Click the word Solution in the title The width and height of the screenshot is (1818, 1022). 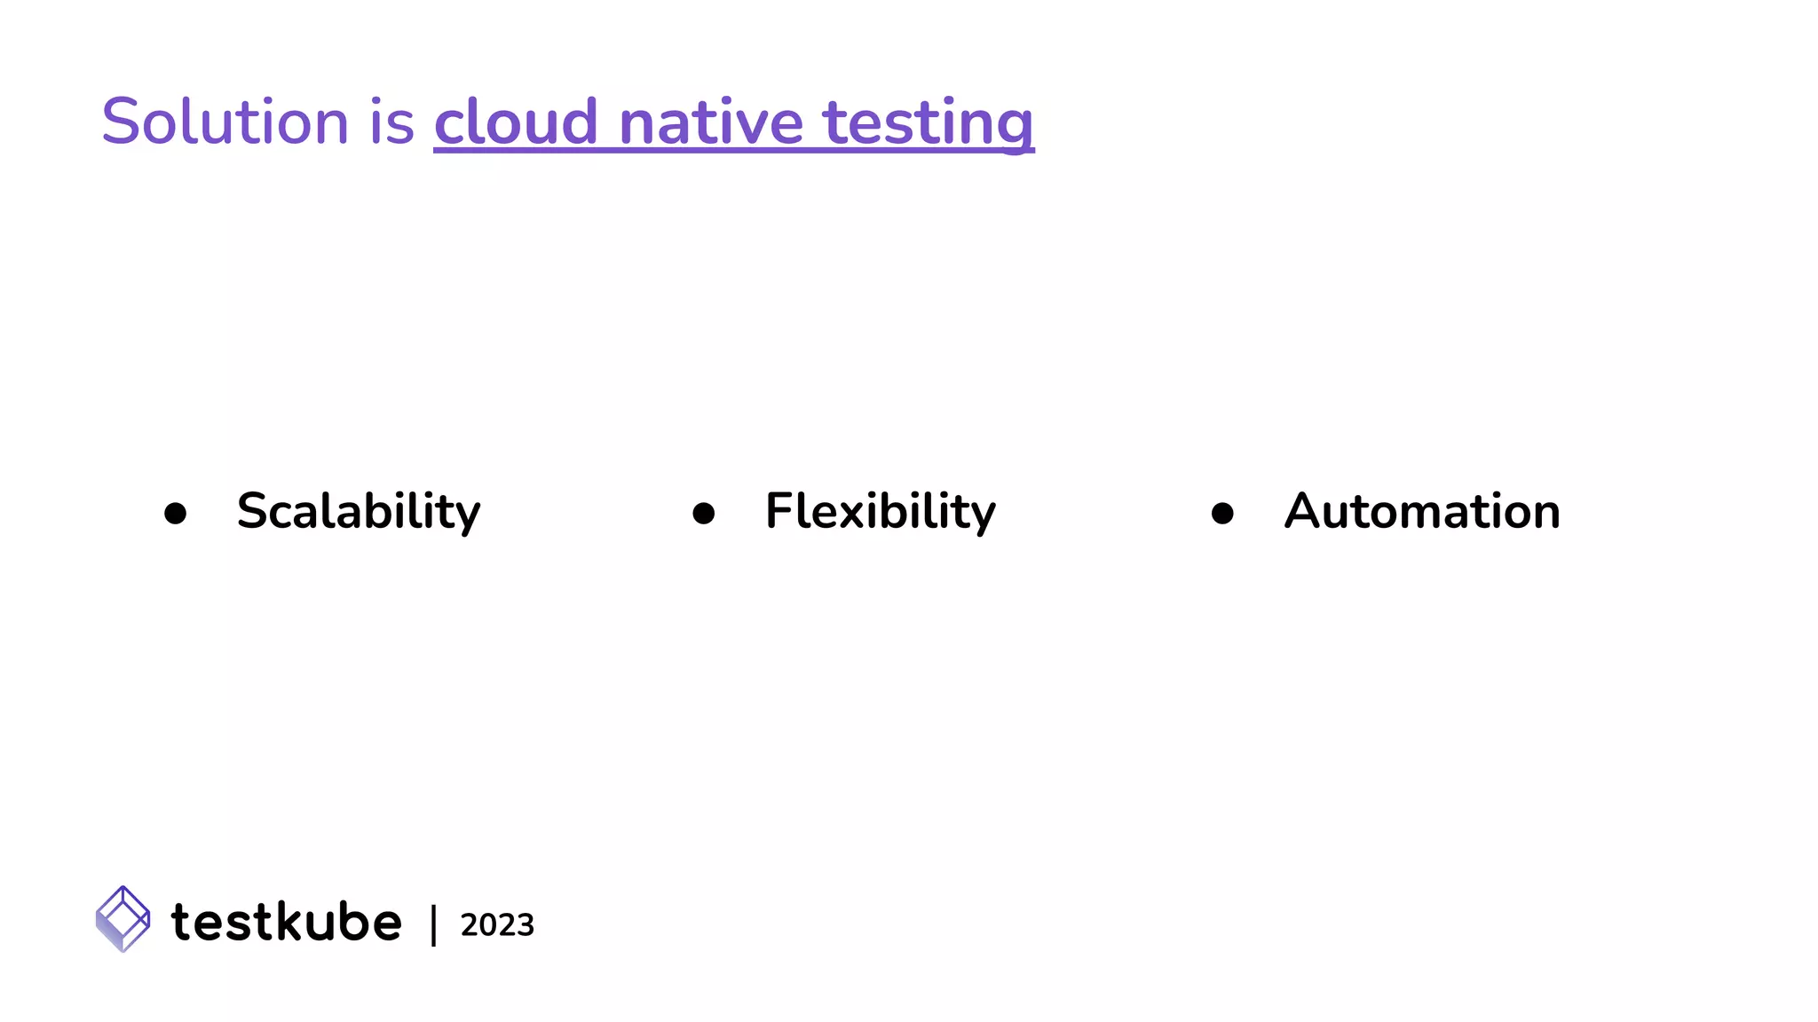click(x=225, y=122)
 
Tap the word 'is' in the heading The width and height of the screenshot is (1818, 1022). click(x=391, y=122)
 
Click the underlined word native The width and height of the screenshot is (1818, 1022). click(x=710, y=122)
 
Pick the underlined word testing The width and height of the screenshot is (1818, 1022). click(x=929, y=122)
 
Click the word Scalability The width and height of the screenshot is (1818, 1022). click(x=359, y=512)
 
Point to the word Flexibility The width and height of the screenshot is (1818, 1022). click(x=881, y=512)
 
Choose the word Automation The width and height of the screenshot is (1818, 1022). click(x=1422, y=512)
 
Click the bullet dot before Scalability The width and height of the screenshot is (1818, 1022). click(x=176, y=514)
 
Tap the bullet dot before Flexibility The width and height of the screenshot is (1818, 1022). click(x=704, y=514)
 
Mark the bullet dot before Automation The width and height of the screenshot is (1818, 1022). click(x=1222, y=514)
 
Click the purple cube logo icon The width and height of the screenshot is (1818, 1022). click(x=123, y=919)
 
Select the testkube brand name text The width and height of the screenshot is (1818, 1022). click(x=286, y=922)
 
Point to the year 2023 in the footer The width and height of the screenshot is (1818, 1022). click(x=497, y=925)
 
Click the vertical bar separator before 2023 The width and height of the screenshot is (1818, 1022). click(x=433, y=925)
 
